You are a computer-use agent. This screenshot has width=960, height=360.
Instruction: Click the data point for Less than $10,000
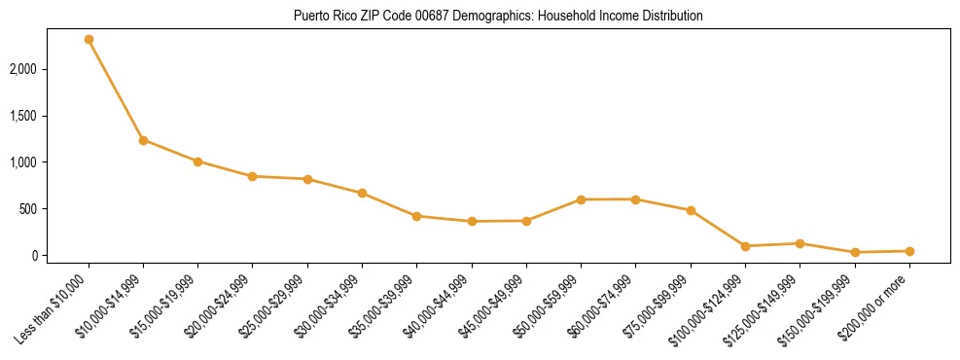click(89, 40)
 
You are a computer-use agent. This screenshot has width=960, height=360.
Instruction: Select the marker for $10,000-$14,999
click(143, 140)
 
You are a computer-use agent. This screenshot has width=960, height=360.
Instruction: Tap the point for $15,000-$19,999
click(197, 162)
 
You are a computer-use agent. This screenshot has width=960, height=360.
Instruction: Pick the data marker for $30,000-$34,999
click(362, 193)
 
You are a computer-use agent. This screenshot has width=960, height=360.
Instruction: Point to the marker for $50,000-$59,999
click(581, 199)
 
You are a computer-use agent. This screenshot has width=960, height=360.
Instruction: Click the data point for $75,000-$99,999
click(691, 210)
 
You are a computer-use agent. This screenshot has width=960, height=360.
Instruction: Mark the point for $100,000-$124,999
click(745, 246)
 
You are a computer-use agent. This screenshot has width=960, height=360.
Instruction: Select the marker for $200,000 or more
click(909, 251)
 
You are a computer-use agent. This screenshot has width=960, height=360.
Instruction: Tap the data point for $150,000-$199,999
click(855, 252)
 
